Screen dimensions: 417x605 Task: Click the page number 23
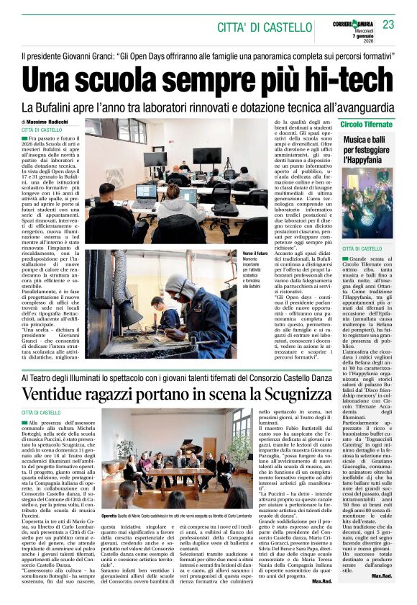[x=388, y=24]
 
